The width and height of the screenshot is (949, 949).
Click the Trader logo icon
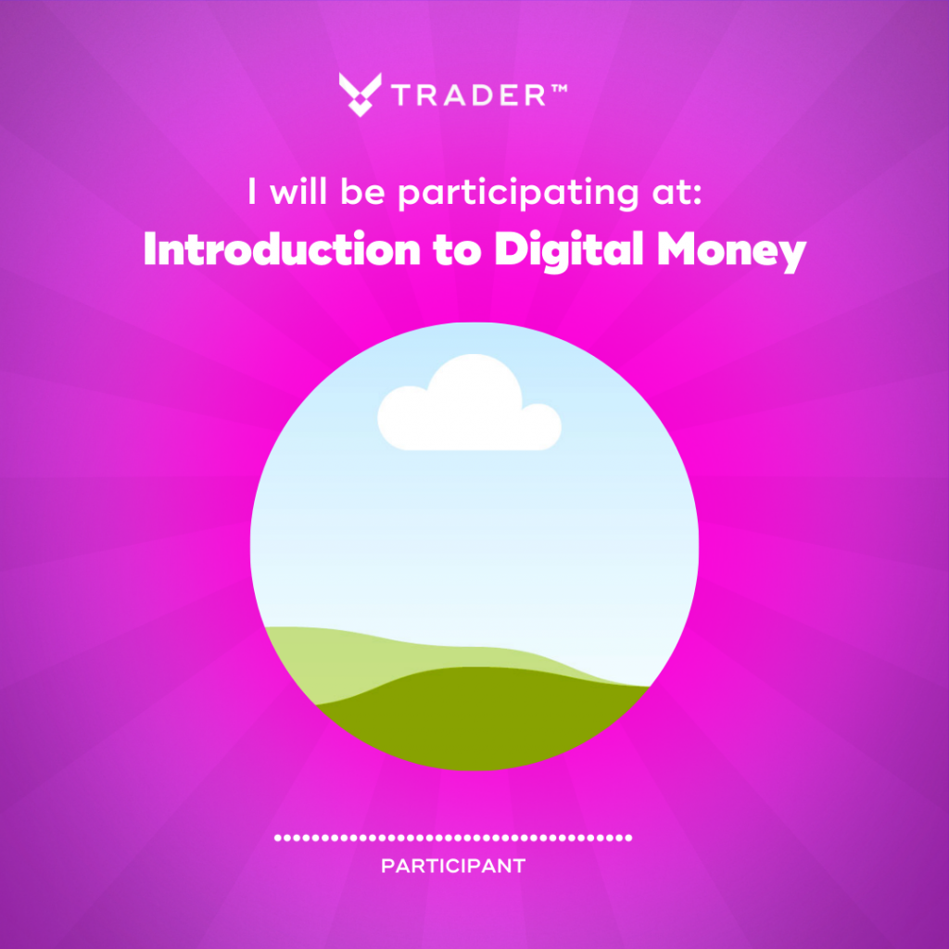click(361, 95)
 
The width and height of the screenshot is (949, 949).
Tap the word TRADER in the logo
click(468, 95)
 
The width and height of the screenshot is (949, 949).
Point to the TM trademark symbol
click(558, 88)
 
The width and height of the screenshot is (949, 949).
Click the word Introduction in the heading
click(282, 249)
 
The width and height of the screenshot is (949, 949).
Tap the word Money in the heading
click(732, 253)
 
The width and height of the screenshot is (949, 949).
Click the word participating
click(518, 193)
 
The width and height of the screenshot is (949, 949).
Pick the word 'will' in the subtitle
click(298, 191)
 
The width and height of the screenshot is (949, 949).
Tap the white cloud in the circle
click(469, 402)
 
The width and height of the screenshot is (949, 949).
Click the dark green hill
click(483, 718)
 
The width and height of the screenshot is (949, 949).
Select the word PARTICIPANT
click(453, 867)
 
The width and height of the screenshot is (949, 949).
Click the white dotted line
click(453, 838)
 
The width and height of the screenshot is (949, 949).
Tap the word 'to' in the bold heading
click(457, 252)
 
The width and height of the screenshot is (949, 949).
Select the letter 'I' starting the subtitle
click(252, 191)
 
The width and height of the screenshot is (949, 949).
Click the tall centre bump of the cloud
click(474, 387)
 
